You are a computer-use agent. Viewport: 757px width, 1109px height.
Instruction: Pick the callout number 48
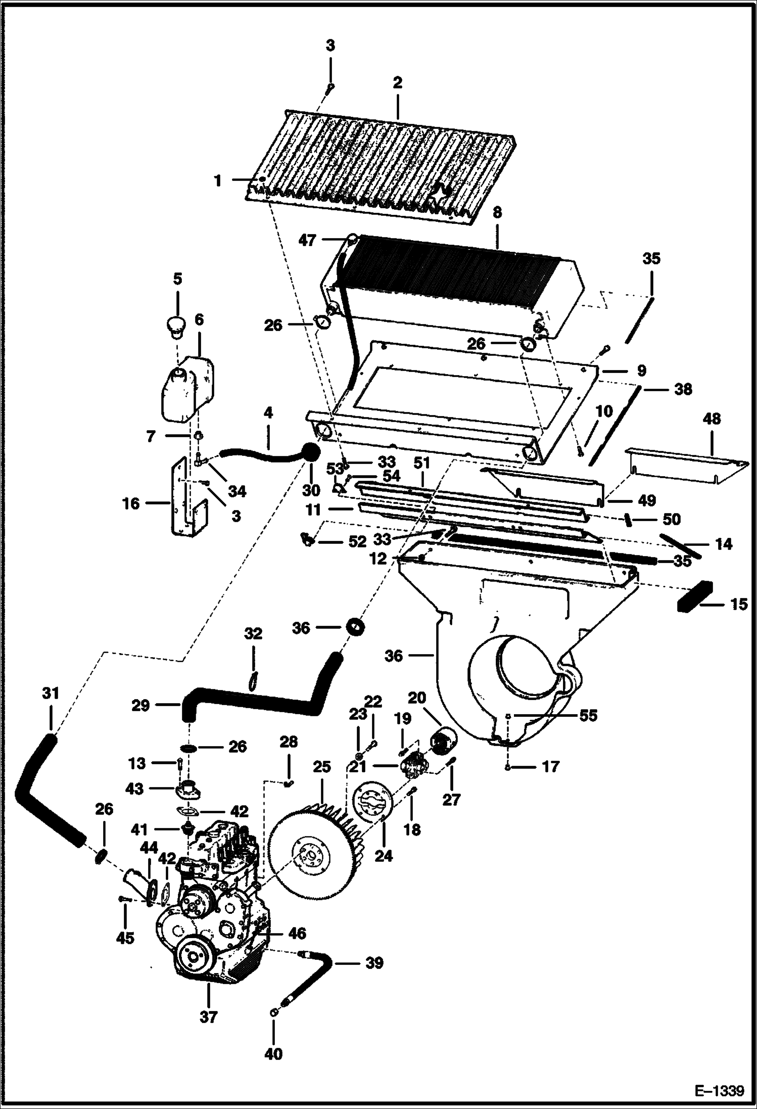[x=711, y=419]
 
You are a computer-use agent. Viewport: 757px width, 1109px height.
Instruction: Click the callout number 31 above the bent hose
[x=51, y=694]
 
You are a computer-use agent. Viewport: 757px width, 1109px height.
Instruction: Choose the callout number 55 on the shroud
[x=588, y=716]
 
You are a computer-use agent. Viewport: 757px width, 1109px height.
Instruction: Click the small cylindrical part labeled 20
[x=443, y=741]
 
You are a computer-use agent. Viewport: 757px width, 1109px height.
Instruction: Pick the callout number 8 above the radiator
[x=497, y=213]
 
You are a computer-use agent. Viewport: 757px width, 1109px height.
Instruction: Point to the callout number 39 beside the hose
[x=374, y=963]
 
